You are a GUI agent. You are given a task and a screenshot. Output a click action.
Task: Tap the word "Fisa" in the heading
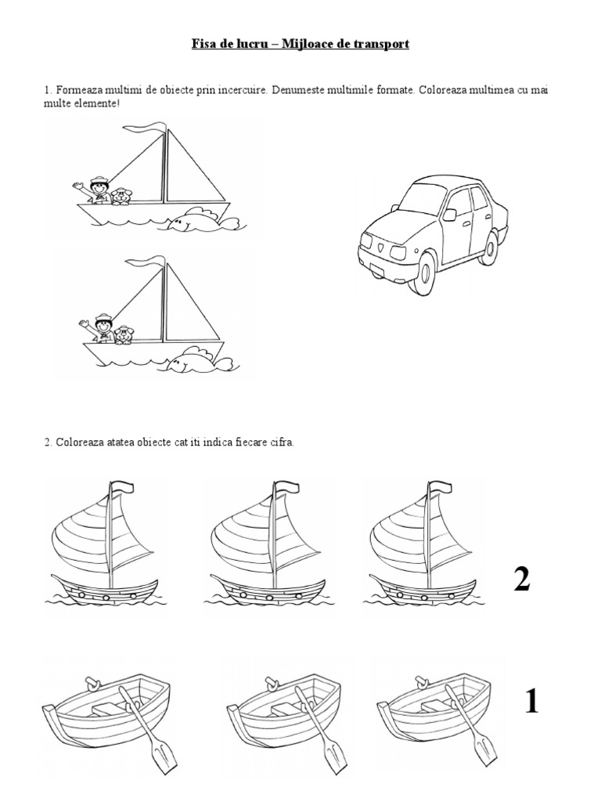204,45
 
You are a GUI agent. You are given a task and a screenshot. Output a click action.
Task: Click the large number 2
522,580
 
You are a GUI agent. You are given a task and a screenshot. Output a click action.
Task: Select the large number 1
531,702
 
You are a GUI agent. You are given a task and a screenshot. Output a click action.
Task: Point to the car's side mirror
449,213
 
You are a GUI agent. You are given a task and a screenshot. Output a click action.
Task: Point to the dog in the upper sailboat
121,196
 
